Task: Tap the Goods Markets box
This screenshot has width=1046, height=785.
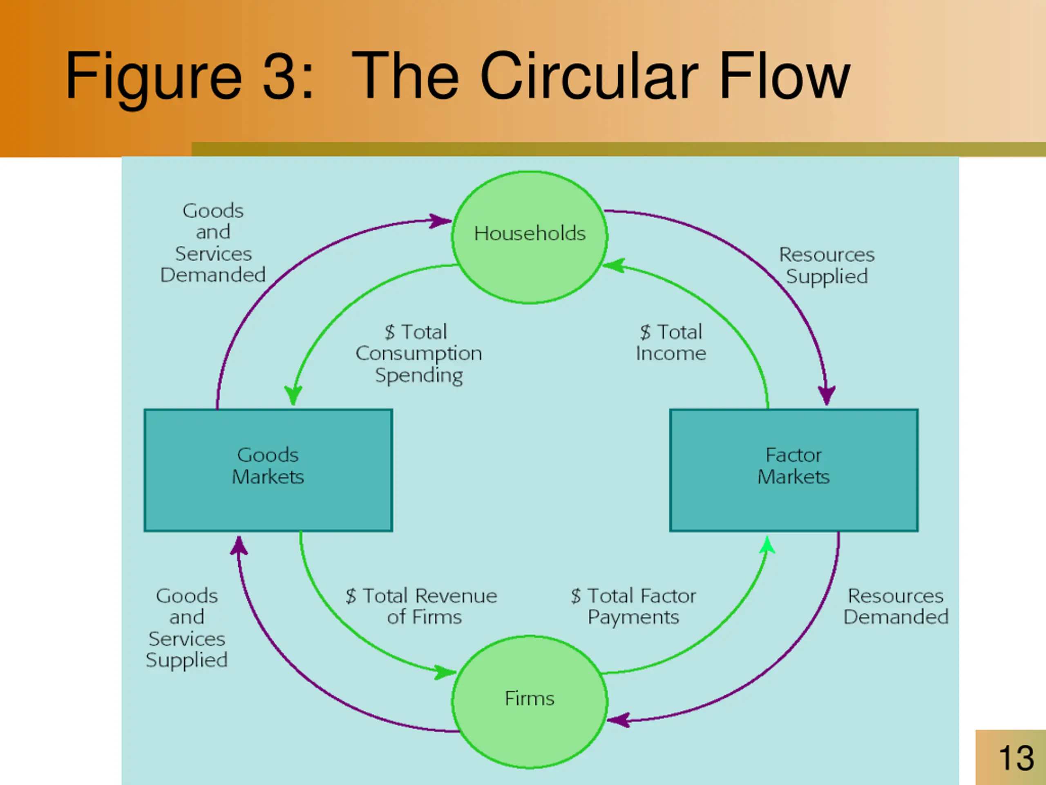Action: click(x=268, y=470)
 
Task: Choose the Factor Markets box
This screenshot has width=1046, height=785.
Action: click(x=793, y=470)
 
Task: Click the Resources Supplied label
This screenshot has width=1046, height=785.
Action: click(x=827, y=265)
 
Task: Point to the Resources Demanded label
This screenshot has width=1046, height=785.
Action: click(x=896, y=606)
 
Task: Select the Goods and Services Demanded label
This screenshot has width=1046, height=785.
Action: click(x=213, y=243)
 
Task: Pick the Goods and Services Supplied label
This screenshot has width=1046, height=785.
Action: click(x=187, y=628)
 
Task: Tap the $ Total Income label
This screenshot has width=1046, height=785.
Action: click(x=671, y=343)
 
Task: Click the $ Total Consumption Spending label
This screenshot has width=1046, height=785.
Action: click(x=418, y=354)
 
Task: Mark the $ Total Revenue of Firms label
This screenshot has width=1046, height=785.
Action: click(x=421, y=606)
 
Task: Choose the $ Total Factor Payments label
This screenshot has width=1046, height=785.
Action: click(x=634, y=606)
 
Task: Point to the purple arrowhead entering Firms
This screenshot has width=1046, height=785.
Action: click(x=618, y=720)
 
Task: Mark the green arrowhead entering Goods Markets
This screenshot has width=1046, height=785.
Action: click(x=293, y=395)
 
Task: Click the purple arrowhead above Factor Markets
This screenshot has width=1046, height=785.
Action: click(x=827, y=395)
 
